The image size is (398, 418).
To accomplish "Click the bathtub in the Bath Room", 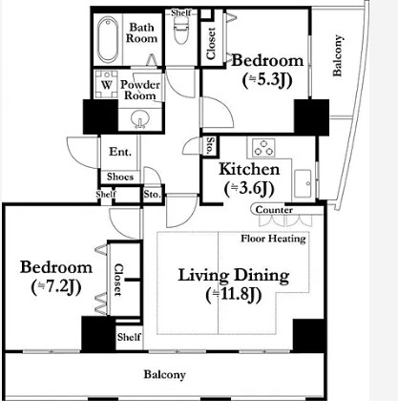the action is (108, 39).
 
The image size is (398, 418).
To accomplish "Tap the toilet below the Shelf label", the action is (181, 31).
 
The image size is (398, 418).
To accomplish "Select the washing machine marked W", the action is (107, 84).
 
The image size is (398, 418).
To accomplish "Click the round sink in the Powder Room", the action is (140, 119).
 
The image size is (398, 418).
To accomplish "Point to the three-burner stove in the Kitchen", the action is (263, 148).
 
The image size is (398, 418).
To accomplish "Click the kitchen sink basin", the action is (303, 183).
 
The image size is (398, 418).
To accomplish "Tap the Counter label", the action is (274, 210).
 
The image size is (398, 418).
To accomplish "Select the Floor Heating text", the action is (273, 239).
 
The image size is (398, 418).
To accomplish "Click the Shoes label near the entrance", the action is (120, 177).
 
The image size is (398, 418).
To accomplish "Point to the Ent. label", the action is (120, 152).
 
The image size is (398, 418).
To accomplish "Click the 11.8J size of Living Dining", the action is (234, 295).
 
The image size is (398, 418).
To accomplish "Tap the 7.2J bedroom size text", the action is (56, 287).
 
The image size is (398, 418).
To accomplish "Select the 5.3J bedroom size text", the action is (266, 80).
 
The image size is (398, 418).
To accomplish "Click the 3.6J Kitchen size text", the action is (249, 189).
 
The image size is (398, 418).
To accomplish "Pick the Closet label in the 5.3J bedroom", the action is (211, 44).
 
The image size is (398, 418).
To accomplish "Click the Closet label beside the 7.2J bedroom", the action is (118, 280).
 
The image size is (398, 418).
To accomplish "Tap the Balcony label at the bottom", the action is (164, 374).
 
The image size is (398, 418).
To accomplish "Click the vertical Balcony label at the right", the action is (338, 55).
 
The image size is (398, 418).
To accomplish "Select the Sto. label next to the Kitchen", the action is (210, 146).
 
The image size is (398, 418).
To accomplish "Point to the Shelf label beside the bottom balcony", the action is (129, 337).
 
